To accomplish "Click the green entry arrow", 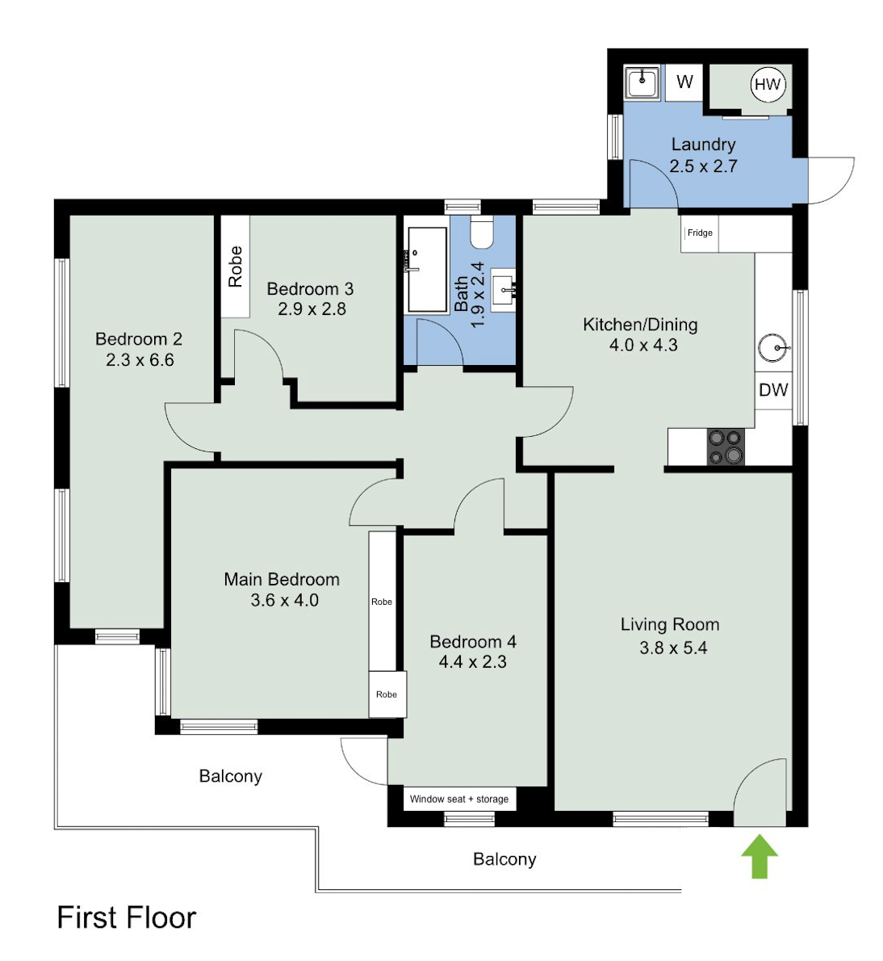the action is (x=760, y=855).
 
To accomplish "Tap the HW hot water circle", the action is (x=768, y=84).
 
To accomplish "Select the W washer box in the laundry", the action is (x=684, y=82).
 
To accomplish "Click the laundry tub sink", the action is (x=642, y=82).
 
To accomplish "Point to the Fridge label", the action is (x=699, y=233).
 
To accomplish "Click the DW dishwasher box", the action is (x=773, y=390).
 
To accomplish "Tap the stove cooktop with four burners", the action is (x=726, y=447).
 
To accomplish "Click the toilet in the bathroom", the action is (x=482, y=233).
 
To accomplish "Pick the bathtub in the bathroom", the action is (x=427, y=270).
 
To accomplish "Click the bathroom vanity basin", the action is (x=504, y=290).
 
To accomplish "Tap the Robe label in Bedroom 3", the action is (x=235, y=266).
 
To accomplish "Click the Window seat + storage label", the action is (x=459, y=799).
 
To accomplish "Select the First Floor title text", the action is (x=127, y=918).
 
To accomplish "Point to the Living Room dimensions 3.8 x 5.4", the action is (x=673, y=648).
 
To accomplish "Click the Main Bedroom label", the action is (x=282, y=579).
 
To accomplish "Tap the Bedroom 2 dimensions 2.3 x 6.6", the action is (x=140, y=359).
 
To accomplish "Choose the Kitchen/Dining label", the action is (x=641, y=325).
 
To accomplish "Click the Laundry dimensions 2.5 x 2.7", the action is (x=703, y=166).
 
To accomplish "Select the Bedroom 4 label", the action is (x=473, y=642).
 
